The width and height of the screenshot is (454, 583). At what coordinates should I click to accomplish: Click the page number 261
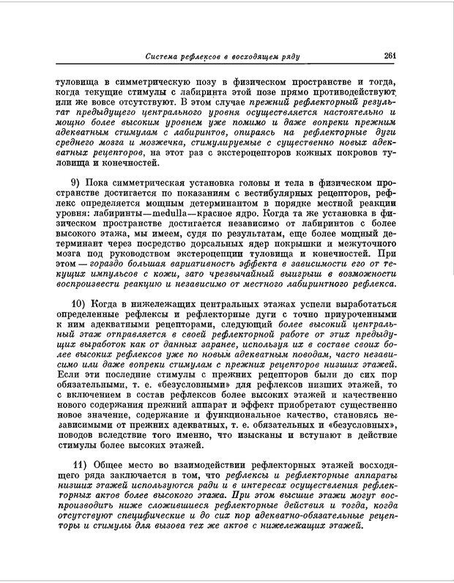pyautogui.click(x=390, y=56)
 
